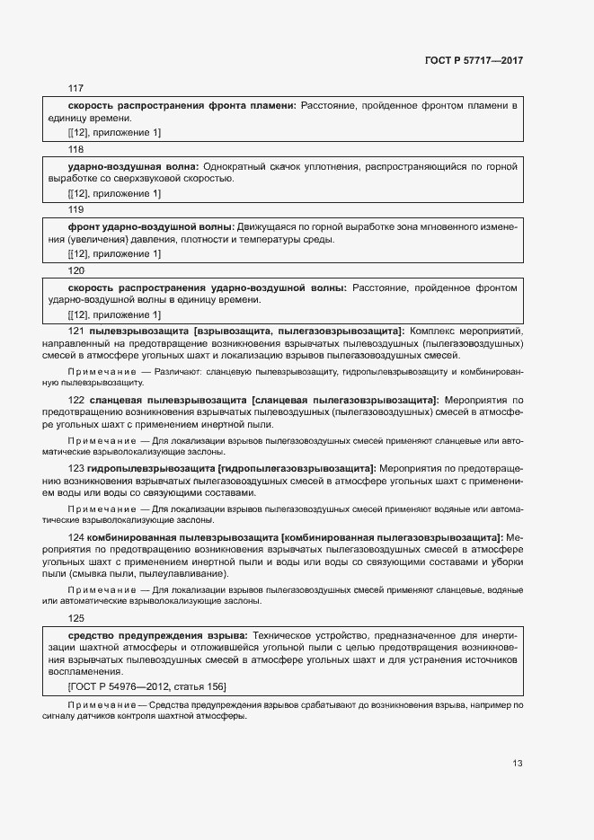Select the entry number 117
[x=75, y=88]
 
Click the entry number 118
[x=75, y=149]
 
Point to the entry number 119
[x=75, y=209]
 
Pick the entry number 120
[x=75, y=270]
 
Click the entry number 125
[x=75, y=618]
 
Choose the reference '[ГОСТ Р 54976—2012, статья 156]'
[x=146, y=686]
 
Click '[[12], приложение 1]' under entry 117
[x=114, y=133]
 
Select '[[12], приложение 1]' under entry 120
[x=114, y=314]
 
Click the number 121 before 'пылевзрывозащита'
[x=75, y=332]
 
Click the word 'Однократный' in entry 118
[x=235, y=166]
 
